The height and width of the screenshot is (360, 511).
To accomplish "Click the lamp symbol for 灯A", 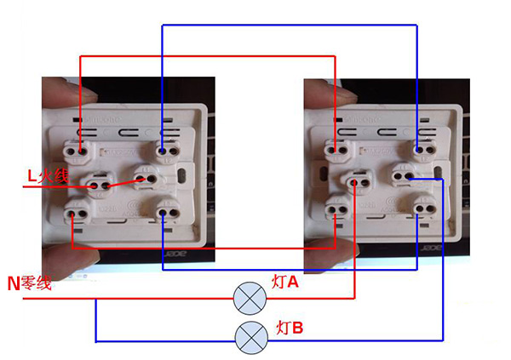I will click(247, 298).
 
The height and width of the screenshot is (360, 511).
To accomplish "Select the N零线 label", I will click(30, 283).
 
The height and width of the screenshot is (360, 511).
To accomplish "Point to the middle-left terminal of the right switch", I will click(355, 181).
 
